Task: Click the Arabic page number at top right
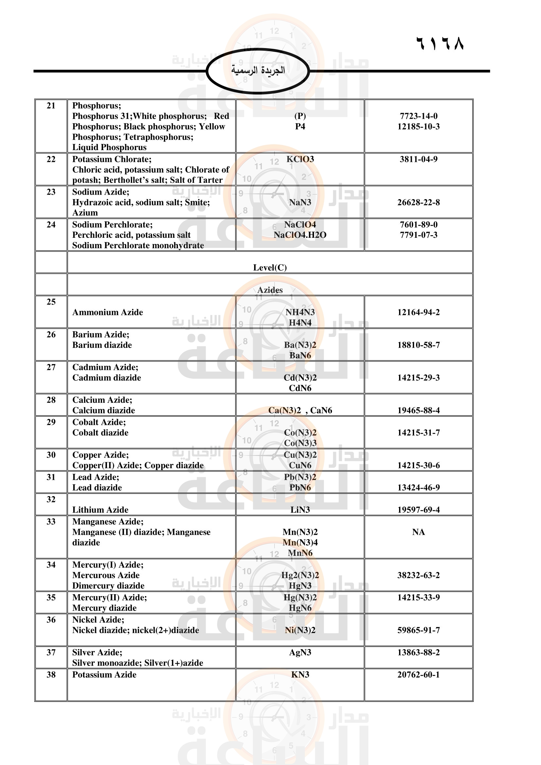pyautogui.click(x=440, y=43)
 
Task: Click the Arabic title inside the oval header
pyautogui.click(x=258, y=70)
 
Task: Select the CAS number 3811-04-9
pyautogui.click(x=418, y=159)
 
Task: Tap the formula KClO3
pyautogui.click(x=300, y=159)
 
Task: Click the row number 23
pyautogui.click(x=51, y=192)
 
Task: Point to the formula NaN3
pyautogui.click(x=300, y=202)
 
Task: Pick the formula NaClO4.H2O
pyautogui.click(x=300, y=235)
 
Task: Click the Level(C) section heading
pyautogui.click(x=270, y=268)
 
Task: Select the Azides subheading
pyautogui.click(x=270, y=290)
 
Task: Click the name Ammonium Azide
pyautogui.click(x=108, y=312)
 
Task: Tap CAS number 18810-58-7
pyautogui.click(x=418, y=345)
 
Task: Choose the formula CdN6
pyautogui.click(x=300, y=388)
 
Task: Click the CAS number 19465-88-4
pyautogui.click(x=418, y=410)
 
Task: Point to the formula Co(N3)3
pyautogui.click(x=300, y=443)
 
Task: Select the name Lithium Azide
pyautogui.click(x=100, y=510)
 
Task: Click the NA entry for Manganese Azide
pyautogui.click(x=418, y=532)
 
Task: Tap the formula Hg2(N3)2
pyautogui.click(x=300, y=575)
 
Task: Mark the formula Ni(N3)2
pyautogui.click(x=300, y=630)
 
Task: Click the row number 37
pyautogui.click(x=51, y=652)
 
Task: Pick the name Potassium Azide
pyautogui.click(x=104, y=675)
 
